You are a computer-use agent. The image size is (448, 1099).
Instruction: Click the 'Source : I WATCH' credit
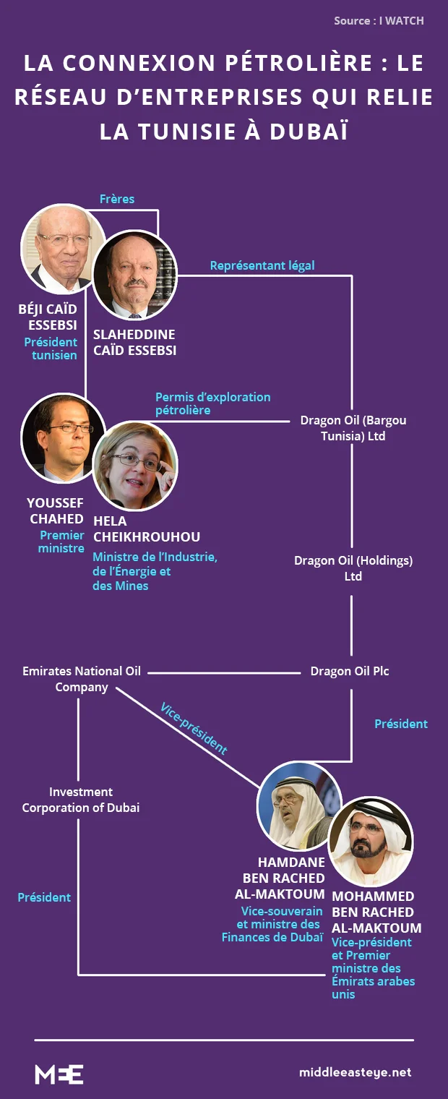click(379, 21)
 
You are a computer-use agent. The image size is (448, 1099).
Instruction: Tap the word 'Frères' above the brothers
click(117, 199)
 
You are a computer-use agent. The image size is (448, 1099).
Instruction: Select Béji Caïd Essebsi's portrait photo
click(64, 249)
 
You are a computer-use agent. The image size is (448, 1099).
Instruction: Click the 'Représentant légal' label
click(262, 265)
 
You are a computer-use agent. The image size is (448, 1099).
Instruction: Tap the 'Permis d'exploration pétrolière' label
click(212, 403)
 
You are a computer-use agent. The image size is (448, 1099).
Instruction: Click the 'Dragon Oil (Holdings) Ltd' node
click(353, 568)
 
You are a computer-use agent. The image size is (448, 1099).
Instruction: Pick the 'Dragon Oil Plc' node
click(350, 671)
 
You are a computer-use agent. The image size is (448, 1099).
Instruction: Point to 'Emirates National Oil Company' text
click(82, 679)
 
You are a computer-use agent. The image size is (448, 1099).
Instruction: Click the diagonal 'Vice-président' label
click(194, 728)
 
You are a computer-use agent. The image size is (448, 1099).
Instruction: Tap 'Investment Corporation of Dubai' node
click(81, 800)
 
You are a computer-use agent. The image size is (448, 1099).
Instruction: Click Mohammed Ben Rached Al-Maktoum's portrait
click(370, 841)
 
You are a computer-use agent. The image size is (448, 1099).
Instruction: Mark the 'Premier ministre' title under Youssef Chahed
click(61, 542)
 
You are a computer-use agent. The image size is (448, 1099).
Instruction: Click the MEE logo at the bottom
click(59, 1074)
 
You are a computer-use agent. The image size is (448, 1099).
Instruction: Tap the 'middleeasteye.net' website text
click(355, 1072)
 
